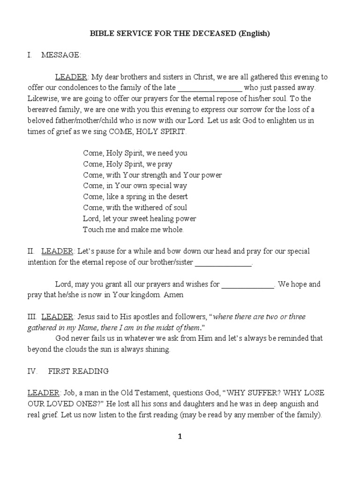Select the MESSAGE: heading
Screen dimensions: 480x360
[x=61, y=55]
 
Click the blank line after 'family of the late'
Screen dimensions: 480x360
[x=210, y=88]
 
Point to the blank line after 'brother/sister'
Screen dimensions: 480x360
[x=223, y=263]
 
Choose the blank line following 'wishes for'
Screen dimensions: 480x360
[x=247, y=285]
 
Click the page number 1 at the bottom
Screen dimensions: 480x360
[x=180, y=437]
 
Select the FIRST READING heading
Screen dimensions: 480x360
[x=78, y=371]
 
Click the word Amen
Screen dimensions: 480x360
[x=174, y=295]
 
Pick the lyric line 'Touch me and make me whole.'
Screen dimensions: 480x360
[x=134, y=230]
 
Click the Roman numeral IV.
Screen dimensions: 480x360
[x=30, y=371]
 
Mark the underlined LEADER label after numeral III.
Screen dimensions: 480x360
[x=57, y=317]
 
